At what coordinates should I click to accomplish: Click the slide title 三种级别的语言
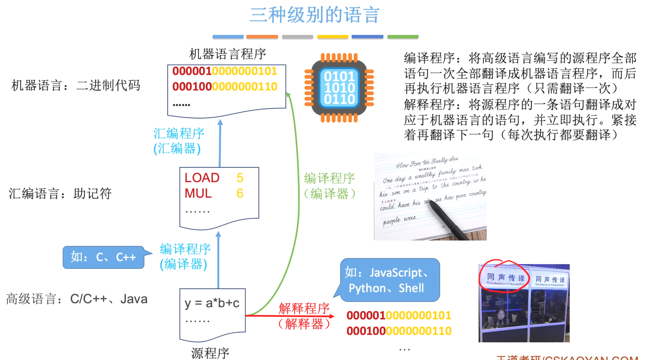pos(314,15)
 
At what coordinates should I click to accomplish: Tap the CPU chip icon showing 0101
pos(339,88)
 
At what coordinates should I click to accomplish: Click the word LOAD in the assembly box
pos(202,178)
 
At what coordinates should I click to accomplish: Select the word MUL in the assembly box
pos(198,193)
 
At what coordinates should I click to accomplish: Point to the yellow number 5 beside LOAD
pos(240,178)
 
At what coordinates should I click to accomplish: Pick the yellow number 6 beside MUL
pos(240,193)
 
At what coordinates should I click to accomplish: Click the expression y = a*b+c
pos(212,303)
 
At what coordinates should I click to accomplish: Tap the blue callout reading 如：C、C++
pos(103,257)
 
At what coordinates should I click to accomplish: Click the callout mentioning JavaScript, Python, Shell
pos(389,280)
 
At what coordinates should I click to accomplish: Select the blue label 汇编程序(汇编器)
pos(178,141)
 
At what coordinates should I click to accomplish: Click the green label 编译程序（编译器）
pos(329,186)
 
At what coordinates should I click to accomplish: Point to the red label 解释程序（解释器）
pos(304,316)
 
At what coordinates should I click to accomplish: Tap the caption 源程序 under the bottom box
pos(210,353)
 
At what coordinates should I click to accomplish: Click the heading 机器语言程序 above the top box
pos(228,54)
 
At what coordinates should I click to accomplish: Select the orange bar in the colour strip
pos(262,37)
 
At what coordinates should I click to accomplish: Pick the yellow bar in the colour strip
pos(332,37)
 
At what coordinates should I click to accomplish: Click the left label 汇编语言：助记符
pos(60,193)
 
